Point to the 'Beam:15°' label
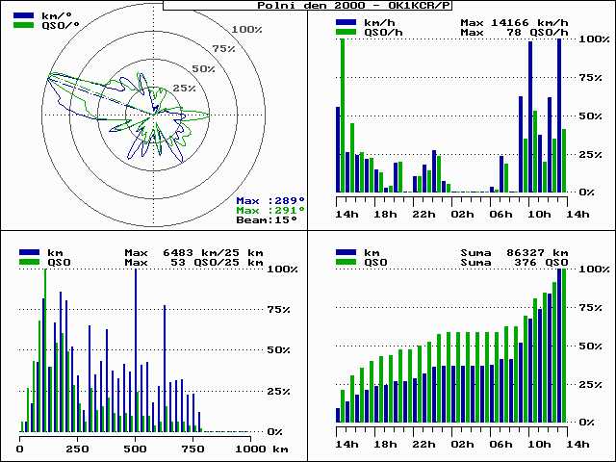267,219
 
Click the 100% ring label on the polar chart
246,30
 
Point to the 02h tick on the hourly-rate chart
462,215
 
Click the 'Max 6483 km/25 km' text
193,252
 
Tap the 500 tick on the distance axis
136,449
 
